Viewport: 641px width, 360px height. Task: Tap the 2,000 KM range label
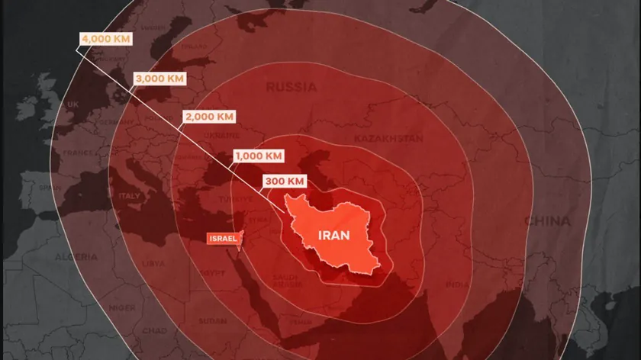pos(208,117)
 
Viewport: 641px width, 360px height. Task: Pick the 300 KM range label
pos(285,182)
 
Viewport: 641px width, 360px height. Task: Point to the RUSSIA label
pos(291,87)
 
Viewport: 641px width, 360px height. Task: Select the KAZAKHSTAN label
pos(388,139)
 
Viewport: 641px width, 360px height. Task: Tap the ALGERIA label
pos(76,256)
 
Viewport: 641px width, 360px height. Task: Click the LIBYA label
pos(153,263)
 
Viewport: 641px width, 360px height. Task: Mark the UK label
pos(73,104)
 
